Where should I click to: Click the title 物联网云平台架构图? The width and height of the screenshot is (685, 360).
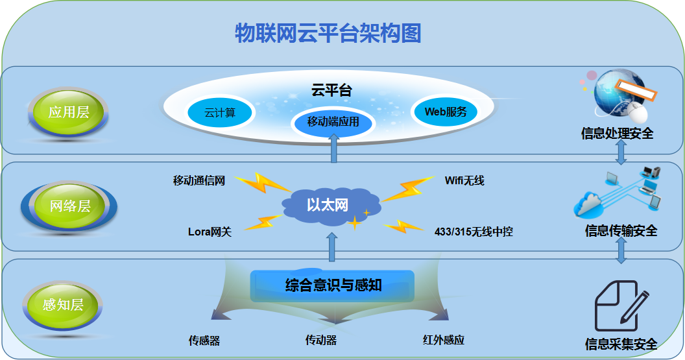coord(328,32)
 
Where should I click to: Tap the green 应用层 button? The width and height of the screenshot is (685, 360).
coord(68,112)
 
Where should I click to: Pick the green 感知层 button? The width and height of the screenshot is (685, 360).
coord(63,304)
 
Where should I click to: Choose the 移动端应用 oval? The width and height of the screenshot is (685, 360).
coord(333,121)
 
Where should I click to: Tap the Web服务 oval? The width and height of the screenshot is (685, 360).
coord(446,112)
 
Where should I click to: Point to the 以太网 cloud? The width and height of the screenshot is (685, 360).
coord(328,206)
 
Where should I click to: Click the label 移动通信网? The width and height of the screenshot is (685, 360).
coord(199,181)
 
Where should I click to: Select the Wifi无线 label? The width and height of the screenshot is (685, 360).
coord(464,180)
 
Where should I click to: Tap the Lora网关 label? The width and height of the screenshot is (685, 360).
coord(210,232)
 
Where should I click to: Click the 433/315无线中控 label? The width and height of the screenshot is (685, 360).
coord(474,232)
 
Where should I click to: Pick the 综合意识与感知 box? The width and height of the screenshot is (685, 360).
coord(333,285)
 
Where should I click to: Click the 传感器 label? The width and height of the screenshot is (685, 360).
coord(204,340)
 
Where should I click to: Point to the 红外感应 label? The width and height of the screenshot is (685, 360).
coord(444,340)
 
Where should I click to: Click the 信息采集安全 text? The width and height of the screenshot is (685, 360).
coord(621,344)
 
